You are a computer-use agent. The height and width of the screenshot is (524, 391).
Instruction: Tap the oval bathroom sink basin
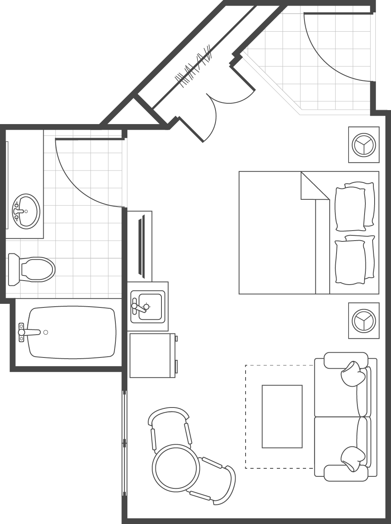[x=26, y=211]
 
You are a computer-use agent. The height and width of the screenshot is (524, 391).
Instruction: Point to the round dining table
[x=175, y=467]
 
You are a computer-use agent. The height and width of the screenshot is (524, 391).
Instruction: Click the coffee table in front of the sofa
[x=282, y=416]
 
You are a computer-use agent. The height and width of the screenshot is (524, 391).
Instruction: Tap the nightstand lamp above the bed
[x=364, y=145]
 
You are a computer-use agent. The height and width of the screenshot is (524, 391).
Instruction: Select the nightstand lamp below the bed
[x=364, y=321]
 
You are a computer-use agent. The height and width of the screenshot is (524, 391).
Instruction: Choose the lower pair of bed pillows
[x=354, y=260]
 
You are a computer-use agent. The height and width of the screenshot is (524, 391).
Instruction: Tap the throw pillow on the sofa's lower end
[x=353, y=458]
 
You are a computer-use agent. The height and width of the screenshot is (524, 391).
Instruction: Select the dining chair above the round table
[x=169, y=426]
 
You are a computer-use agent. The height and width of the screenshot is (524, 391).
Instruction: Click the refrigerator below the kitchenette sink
[x=153, y=355]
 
